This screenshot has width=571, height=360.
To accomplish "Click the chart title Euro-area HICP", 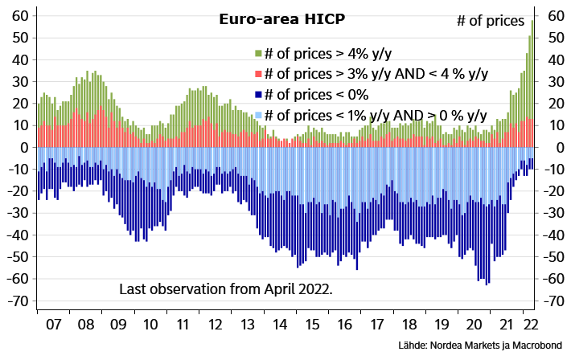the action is click(281, 19).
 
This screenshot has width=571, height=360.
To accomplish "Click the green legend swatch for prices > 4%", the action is click(258, 54).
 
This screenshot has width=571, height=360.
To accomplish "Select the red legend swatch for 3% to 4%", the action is click(258, 74).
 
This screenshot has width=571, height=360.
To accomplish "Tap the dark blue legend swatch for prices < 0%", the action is click(258, 95).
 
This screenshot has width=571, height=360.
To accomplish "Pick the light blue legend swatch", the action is click(258, 116).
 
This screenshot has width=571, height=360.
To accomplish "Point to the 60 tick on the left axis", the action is click(20, 15).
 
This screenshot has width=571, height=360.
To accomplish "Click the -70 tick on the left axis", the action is click(18, 301).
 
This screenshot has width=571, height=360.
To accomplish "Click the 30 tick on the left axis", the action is click(20, 81).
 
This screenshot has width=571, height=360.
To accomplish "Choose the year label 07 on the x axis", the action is click(54, 324).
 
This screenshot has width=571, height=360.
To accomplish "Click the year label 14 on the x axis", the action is click(280, 324).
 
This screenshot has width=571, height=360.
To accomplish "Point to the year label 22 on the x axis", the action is click(530, 324).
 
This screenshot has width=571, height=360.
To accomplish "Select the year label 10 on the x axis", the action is click(150, 324).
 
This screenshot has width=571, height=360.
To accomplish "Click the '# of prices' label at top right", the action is click(491, 21).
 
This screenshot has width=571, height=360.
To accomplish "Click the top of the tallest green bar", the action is click(532, 20).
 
